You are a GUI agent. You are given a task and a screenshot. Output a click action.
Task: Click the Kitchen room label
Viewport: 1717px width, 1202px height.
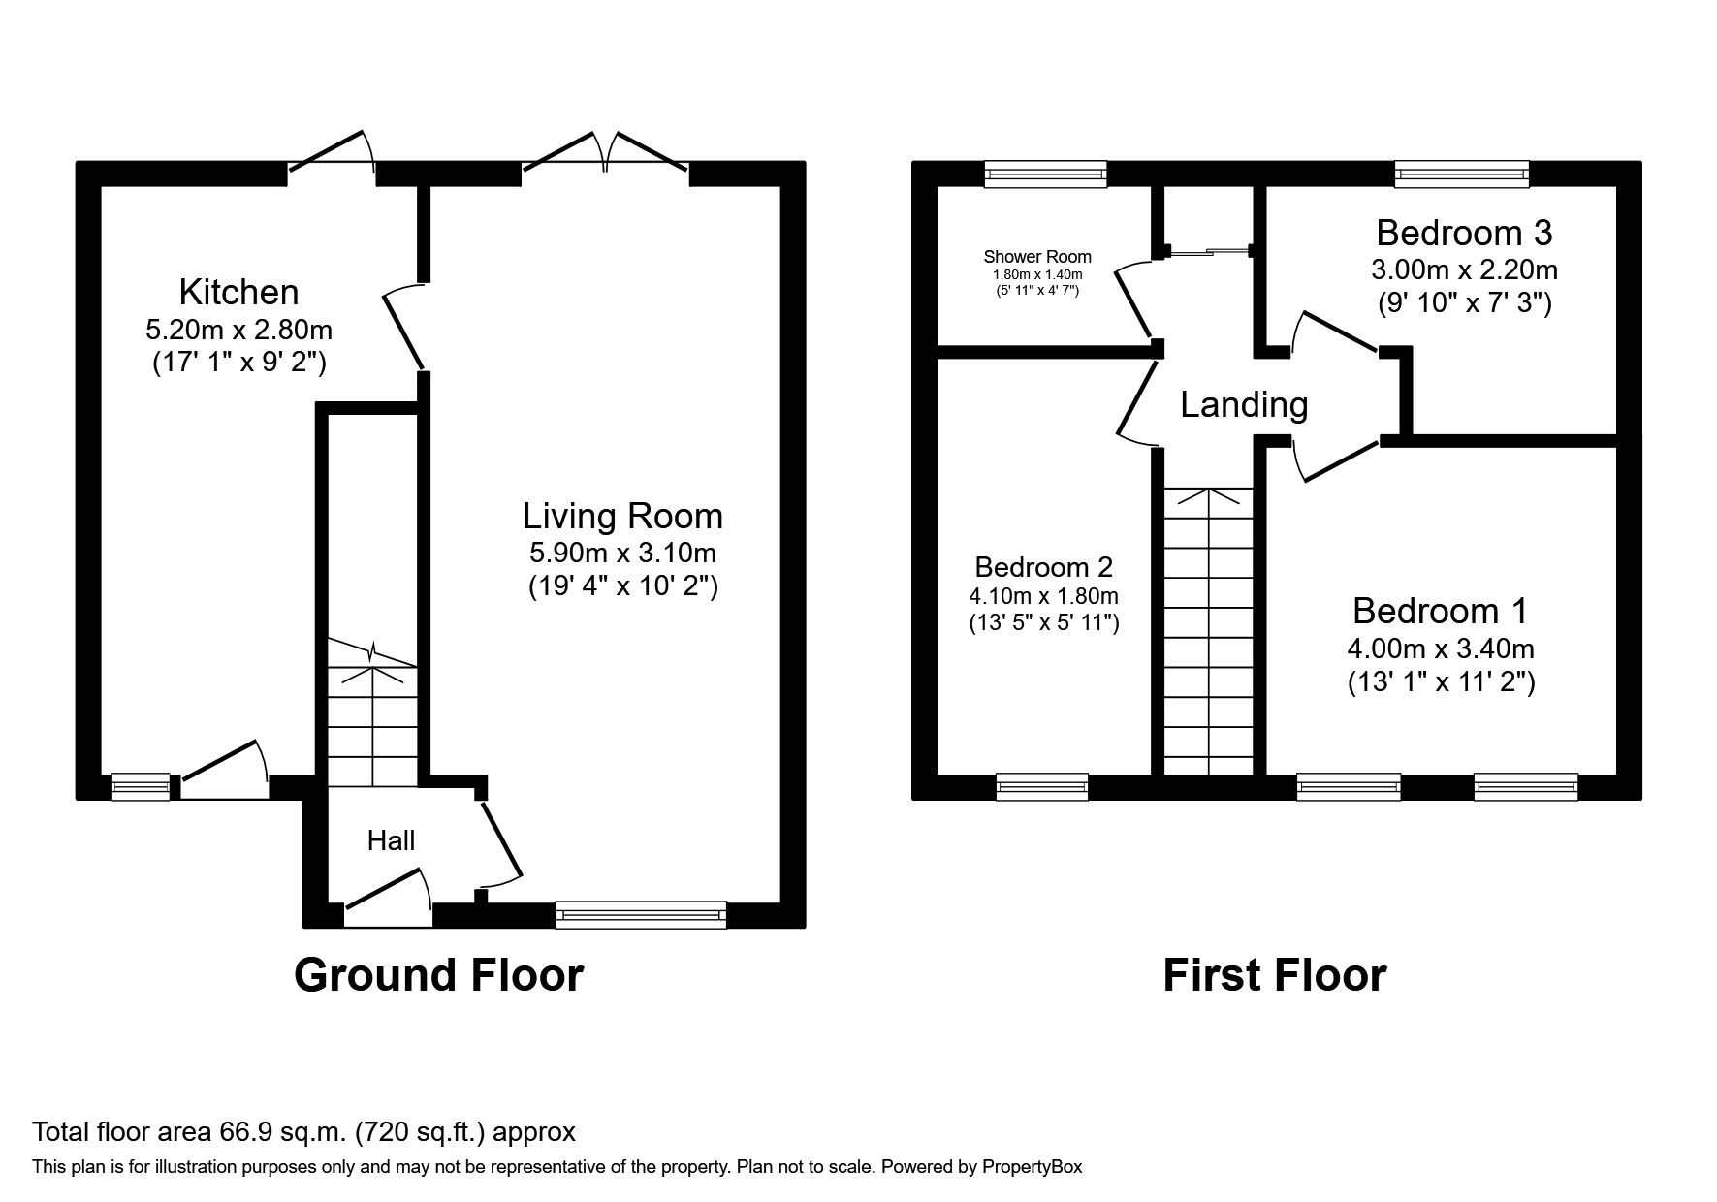[238, 292]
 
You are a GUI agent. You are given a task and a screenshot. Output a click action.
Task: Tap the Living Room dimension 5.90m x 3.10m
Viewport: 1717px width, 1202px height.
[622, 554]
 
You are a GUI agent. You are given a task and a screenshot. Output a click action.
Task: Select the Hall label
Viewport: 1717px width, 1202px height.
[391, 840]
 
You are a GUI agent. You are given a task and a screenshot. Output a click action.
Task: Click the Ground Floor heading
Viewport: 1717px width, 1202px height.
[438, 975]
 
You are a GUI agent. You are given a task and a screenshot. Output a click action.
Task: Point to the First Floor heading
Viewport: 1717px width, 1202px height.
[1274, 975]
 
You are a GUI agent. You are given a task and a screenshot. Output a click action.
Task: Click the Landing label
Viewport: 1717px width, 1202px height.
[1244, 404]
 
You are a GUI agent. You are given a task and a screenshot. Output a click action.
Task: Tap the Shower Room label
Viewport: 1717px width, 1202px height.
[1036, 257]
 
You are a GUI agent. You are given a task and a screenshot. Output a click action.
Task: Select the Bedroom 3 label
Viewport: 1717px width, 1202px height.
[1464, 233]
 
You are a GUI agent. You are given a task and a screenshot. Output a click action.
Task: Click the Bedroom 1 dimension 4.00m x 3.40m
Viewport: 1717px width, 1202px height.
[1440, 648]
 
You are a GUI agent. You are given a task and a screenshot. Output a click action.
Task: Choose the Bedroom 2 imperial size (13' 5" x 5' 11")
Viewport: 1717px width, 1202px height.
[1044, 623]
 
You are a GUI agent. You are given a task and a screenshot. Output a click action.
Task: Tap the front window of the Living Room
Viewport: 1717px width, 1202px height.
[641, 915]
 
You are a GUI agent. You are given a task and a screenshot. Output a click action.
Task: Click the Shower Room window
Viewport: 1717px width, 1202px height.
[1045, 174]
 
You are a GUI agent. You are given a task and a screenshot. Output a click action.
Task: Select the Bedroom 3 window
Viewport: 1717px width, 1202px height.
[1462, 174]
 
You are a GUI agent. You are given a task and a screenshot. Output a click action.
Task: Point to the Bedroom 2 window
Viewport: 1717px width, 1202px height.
[1042, 787]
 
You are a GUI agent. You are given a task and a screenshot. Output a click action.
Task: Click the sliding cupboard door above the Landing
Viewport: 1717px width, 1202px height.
[1209, 252]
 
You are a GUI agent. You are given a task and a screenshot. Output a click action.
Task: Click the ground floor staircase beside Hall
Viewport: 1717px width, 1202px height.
[372, 717]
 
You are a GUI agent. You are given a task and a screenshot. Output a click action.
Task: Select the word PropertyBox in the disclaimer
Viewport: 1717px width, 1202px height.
[1032, 1167]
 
